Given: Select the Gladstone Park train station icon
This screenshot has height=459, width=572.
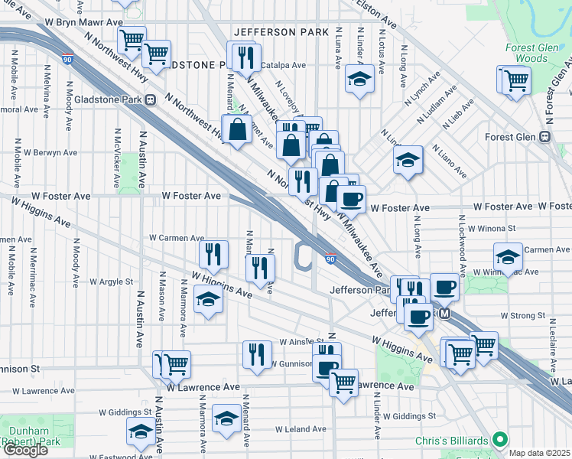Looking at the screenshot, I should coord(150,99).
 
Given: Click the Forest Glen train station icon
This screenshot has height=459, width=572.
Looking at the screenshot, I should coord(544,137).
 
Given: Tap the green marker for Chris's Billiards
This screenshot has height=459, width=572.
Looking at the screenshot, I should coord(500,439).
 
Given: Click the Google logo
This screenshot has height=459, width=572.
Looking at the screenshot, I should coord(24,450).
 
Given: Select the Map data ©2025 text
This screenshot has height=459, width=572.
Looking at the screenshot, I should coord(540,453).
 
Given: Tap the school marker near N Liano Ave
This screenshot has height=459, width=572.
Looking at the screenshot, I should coord(408,160).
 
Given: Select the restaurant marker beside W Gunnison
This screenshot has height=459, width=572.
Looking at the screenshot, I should coord(256,353).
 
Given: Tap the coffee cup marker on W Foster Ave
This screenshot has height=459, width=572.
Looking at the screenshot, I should coord(351,199).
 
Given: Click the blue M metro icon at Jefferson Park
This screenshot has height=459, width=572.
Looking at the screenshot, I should coord(445,314).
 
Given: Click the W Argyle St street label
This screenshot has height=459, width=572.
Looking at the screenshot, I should coord(111,282).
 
